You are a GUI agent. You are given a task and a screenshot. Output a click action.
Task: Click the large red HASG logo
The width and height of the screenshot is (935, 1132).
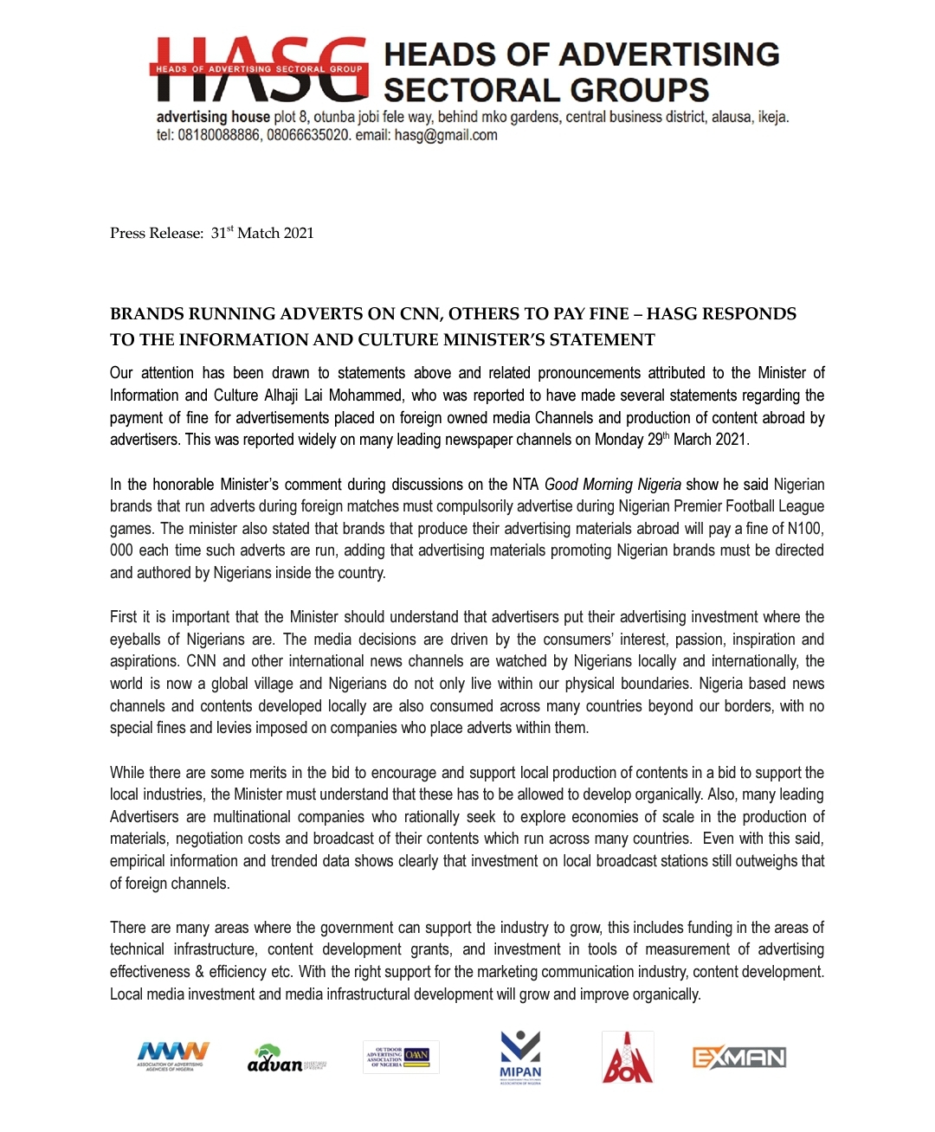tap(258, 69)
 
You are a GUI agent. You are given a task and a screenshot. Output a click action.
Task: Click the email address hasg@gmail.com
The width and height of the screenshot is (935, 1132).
tap(446, 136)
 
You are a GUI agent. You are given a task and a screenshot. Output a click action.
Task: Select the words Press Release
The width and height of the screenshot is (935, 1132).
tap(156, 233)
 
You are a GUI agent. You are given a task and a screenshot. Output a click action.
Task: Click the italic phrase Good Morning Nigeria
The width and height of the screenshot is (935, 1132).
tap(612, 485)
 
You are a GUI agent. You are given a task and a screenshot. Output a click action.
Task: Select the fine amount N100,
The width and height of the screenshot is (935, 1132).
tap(805, 529)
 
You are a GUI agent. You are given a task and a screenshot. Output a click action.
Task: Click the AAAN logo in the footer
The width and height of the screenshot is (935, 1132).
tap(172, 1056)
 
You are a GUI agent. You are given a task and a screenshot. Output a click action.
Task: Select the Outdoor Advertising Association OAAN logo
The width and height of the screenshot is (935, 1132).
tap(400, 1057)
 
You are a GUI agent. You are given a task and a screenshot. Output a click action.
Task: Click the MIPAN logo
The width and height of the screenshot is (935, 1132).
tap(520, 1058)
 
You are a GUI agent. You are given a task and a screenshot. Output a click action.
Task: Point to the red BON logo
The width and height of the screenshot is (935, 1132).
tap(628, 1058)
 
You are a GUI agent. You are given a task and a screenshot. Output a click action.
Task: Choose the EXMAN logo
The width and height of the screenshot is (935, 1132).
tap(738, 1058)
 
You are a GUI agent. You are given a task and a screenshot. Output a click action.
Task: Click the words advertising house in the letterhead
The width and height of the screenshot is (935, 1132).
tap(213, 117)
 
